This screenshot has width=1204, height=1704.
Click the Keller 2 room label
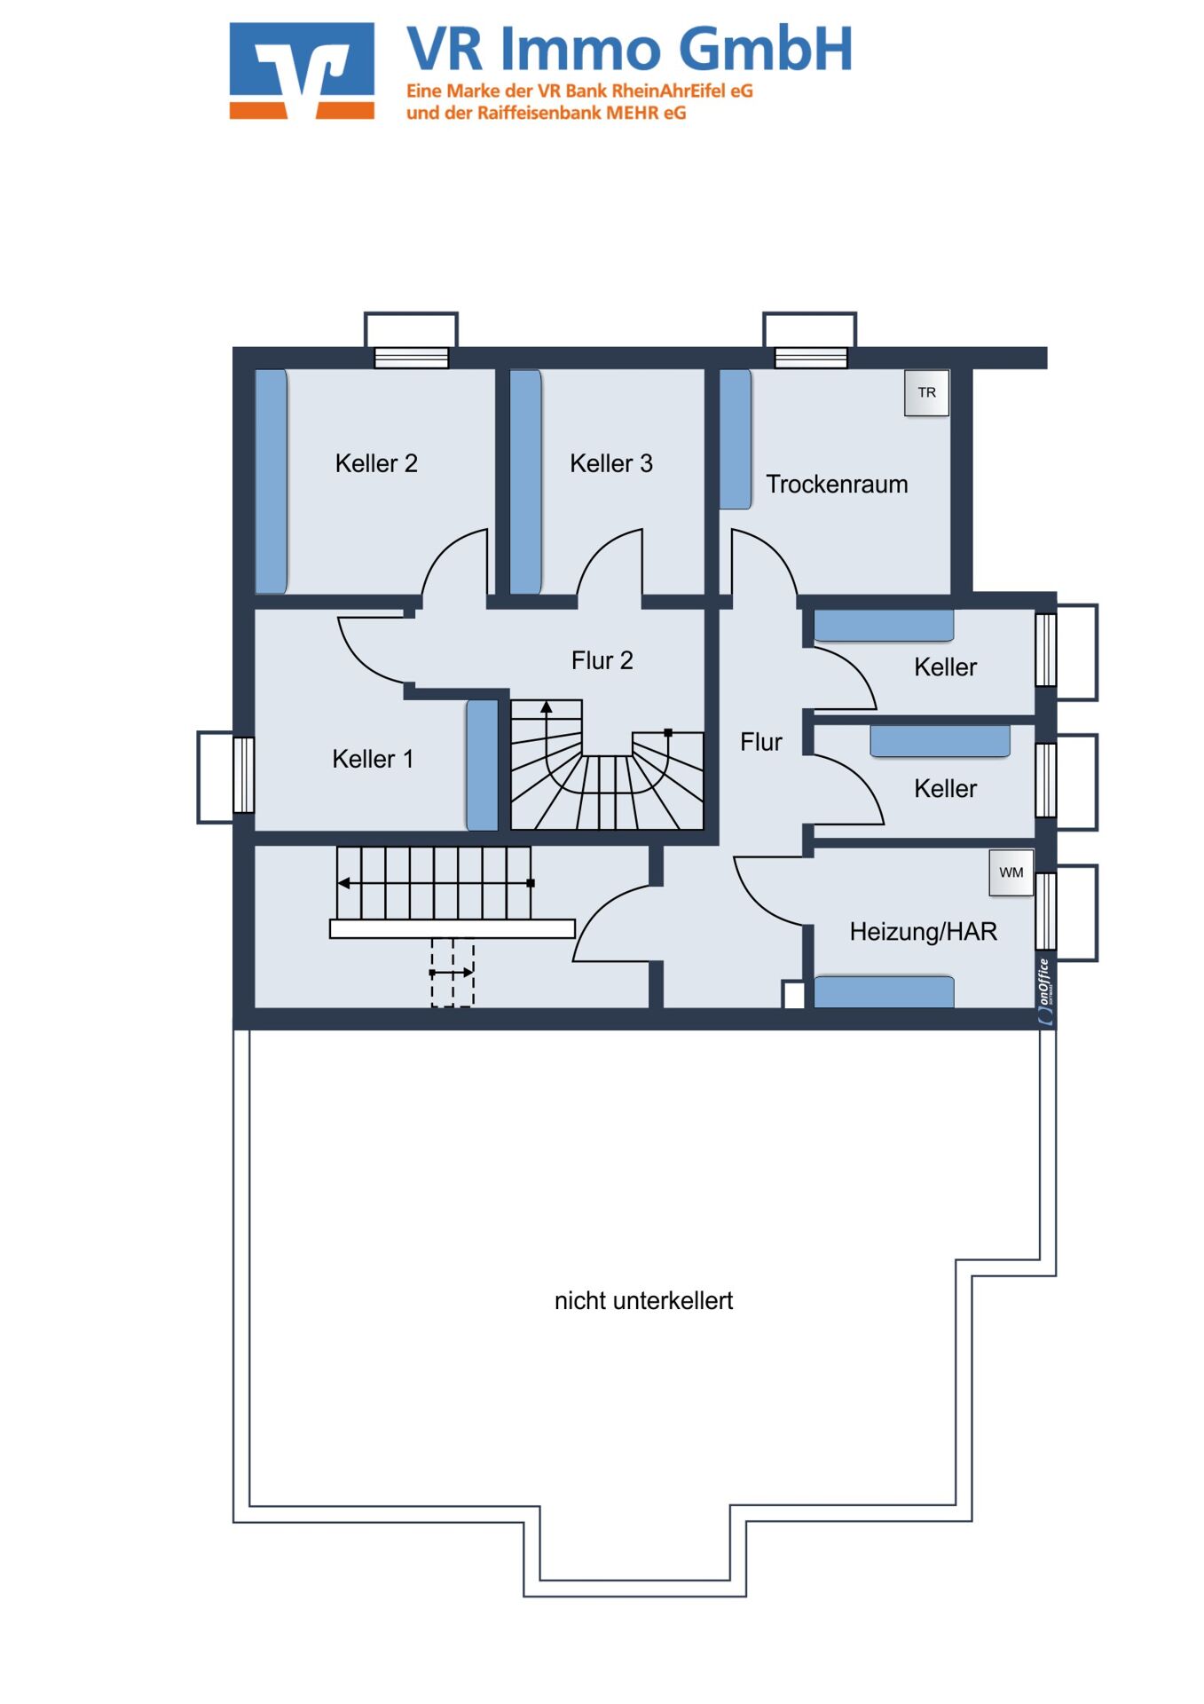376,463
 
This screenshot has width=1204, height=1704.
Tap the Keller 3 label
611,463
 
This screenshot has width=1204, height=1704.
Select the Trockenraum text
837,485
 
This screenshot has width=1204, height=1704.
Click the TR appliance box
926,392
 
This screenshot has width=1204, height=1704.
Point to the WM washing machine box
1011,872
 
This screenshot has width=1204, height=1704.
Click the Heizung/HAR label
924,932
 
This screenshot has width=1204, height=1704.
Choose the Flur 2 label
602,660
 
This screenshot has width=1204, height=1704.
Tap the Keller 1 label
373,759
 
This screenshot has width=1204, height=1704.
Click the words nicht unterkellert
643,1301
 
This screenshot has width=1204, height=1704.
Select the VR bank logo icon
302,71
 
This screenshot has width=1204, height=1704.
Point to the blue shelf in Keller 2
271,482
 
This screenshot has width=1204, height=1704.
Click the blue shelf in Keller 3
526,482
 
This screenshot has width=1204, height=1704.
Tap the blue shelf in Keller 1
483,765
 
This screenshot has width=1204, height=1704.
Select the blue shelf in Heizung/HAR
884,992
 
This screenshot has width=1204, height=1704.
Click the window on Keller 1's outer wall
244,775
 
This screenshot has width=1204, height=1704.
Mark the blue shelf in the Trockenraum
736,439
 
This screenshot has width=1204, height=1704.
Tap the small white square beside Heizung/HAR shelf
794,995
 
